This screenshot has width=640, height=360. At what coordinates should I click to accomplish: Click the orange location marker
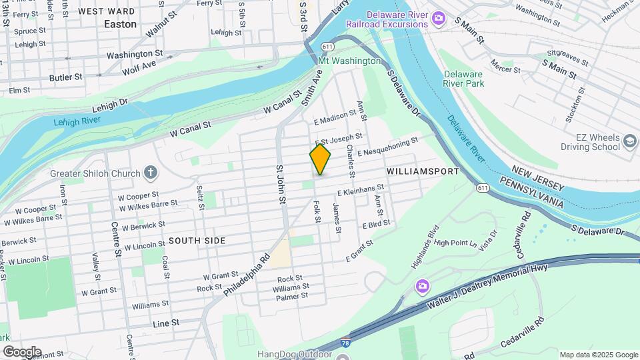pyautogui.click(x=320, y=159)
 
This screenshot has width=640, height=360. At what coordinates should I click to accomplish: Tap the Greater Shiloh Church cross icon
pyautogui.click(x=151, y=173)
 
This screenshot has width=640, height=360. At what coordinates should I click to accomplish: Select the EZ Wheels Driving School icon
pyautogui.click(x=631, y=141)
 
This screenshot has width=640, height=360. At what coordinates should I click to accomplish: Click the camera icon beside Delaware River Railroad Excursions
pyautogui.click(x=439, y=17)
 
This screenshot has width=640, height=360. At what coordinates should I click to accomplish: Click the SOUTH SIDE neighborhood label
pyautogui.click(x=197, y=240)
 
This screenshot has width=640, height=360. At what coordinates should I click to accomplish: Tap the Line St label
pyautogui.click(x=166, y=323)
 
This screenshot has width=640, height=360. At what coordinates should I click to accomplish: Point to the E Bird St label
pyautogui.click(x=376, y=226)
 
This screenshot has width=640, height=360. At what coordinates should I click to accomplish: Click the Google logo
pyautogui.click(x=21, y=351)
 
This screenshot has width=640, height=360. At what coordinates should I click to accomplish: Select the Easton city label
pyautogui.click(x=120, y=24)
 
